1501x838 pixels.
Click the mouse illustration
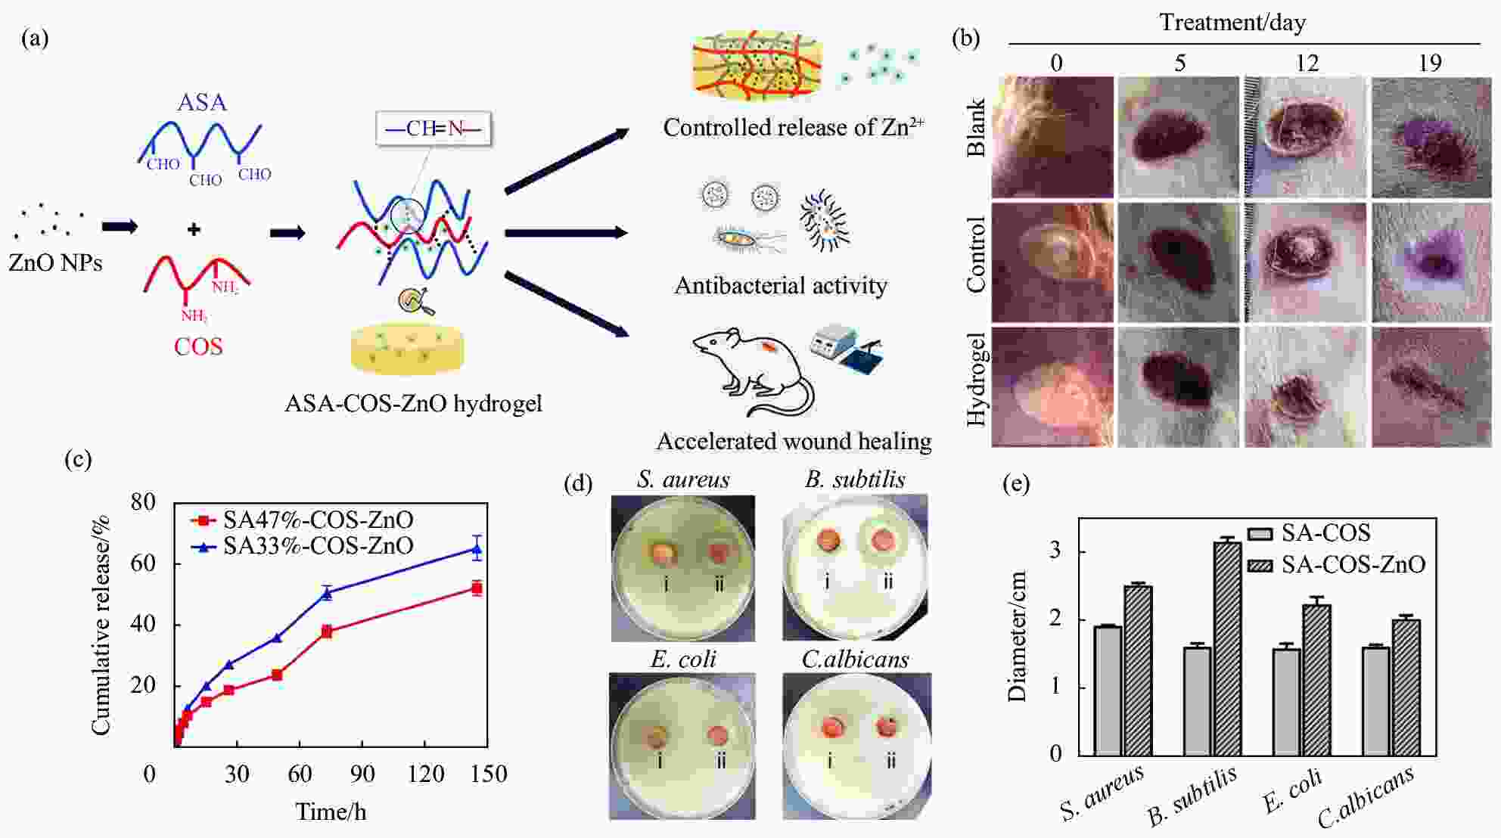pyautogui.click(x=753, y=371)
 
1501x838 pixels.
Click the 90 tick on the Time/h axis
pyautogui.click(x=362, y=774)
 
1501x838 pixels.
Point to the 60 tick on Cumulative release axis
pyautogui.click(x=144, y=563)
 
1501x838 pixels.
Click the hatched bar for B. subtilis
pyautogui.click(x=1227, y=648)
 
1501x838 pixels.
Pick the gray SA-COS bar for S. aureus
pyautogui.click(x=1108, y=691)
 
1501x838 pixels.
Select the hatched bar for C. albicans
pyautogui.click(x=1406, y=687)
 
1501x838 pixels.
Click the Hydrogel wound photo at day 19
pyautogui.click(x=1430, y=386)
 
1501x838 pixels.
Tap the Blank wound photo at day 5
pyautogui.click(x=1179, y=137)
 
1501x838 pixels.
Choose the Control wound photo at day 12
pyautogui.click(x=1306, y=262)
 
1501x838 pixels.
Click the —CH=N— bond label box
pyautogui.click(x=434, y=129)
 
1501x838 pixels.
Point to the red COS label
pyautogui.click(x=198, y=347)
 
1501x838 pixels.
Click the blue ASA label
pyautogui.click(x=201, y=102)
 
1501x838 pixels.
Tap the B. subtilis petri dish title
pyautogui.click(x=855, y=480)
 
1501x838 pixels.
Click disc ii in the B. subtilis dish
pyautogui.click(x=882, y=541)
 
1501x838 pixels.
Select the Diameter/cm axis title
pyautogui.click(x=1017, y=636)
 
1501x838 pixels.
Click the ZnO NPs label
pyautogui.click(x=55, y=262)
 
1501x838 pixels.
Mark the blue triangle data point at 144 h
pyautogui.click(x=477, y=549)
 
